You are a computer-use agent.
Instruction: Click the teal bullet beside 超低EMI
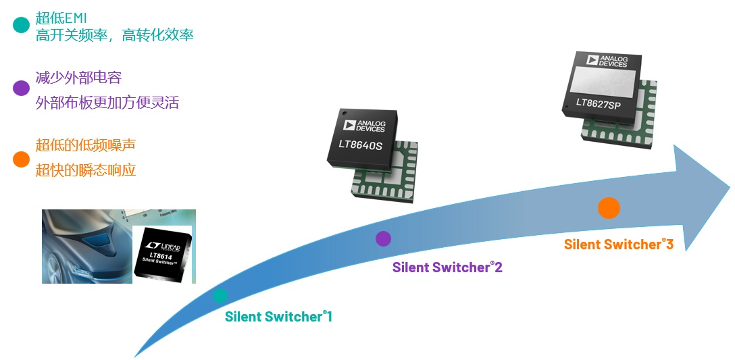coord(22,25)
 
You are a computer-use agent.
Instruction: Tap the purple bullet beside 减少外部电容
coord(22,88)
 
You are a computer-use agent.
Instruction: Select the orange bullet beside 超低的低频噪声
coord(22,159)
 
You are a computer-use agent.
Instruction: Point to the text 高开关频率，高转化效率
coord(115,35)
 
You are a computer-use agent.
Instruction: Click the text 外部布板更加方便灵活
coord(107,103)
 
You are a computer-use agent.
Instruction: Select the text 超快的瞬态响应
coord(86,170)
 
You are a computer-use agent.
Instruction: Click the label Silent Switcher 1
coord(278,316)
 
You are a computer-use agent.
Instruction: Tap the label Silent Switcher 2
coord(447,267)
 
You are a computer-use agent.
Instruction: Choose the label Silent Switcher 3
coord(619,245)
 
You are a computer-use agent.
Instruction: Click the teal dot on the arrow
coord(220,295)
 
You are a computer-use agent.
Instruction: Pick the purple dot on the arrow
coord(383,238)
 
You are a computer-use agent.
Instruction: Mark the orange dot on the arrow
coord(609,208)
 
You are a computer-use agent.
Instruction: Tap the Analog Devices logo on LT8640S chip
coord(364,125)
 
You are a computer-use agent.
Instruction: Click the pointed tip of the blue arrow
coord(729,184)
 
